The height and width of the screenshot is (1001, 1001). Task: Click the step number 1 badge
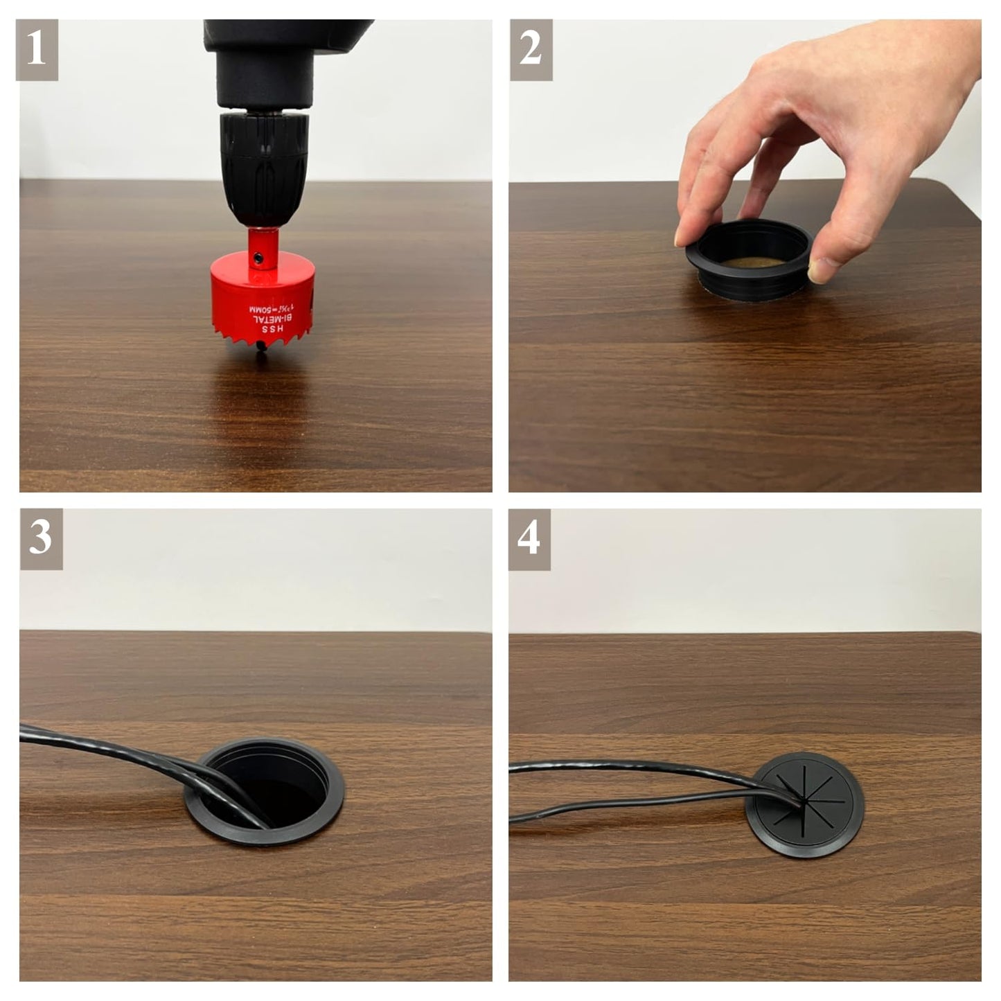[37, 50]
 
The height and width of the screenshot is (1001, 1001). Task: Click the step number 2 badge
[531, 50]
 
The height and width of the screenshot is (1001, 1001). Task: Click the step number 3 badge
[41, 539]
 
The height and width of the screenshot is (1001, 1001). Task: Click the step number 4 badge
[529, 539]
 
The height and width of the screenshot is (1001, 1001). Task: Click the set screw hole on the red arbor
[258, 257]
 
